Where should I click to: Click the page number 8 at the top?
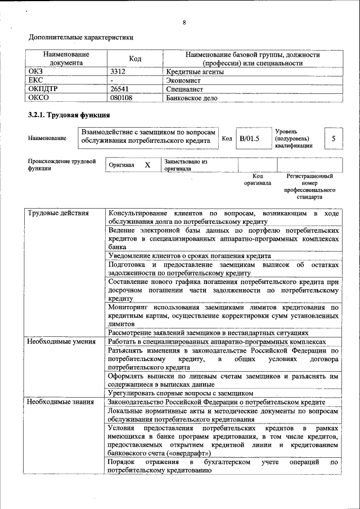(x=184, y=23)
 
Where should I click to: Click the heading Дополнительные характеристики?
(x=81, y=38)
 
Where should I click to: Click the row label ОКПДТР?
(x=44, y=89)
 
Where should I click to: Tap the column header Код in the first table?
(x=135, y=59)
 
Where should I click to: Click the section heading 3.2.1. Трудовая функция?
(x=69, y=116)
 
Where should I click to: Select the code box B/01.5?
(x=248, y=138)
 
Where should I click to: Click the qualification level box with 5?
(x=334, y=138)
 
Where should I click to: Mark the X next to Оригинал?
(x=147, y=165)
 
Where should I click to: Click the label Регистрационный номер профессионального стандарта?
(x=309, y=187)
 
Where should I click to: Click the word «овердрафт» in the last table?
(x=190, y=453)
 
